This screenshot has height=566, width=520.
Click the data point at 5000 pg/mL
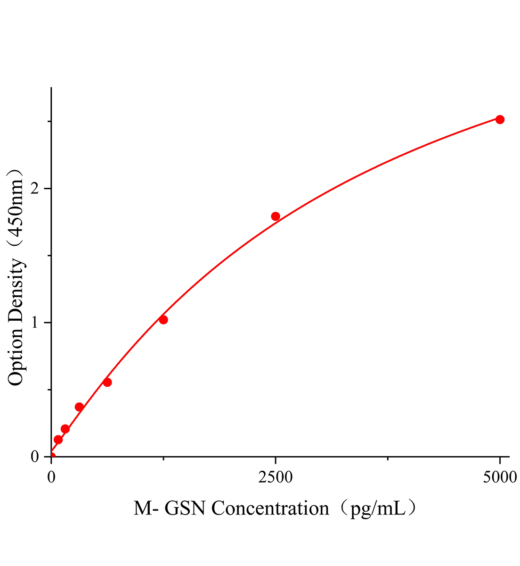coord(500,119)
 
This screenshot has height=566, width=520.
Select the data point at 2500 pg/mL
coord(276,216)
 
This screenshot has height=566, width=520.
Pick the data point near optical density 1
coord(163,320)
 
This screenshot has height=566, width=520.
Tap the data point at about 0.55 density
coord(107,382)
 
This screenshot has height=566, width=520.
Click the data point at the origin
coord(51,456)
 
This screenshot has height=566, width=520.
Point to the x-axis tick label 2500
coord(276,477)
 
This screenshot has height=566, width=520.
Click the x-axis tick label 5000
coord(500,477)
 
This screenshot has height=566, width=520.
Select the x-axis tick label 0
coord(51,477)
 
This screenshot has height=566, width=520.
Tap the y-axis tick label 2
coord(34,189)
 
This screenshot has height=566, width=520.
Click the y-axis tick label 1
coord(34,323)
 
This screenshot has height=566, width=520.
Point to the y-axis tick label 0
coord(34,457)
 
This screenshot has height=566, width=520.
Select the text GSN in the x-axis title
coord(188,509)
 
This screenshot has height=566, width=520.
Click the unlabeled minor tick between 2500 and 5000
coord(388,458)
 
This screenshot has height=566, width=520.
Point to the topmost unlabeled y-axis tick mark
coord(49,121)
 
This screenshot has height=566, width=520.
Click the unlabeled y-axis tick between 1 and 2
coord(49,256)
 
